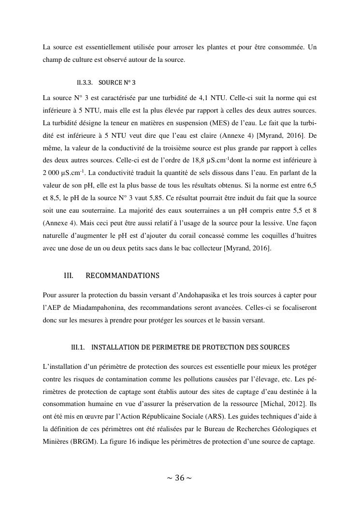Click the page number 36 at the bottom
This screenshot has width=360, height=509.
[179, 478]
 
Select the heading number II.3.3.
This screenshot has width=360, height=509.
[81, 82]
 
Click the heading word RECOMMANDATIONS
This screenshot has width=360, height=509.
[122, 276]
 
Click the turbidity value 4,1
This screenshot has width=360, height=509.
[218, 97]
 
